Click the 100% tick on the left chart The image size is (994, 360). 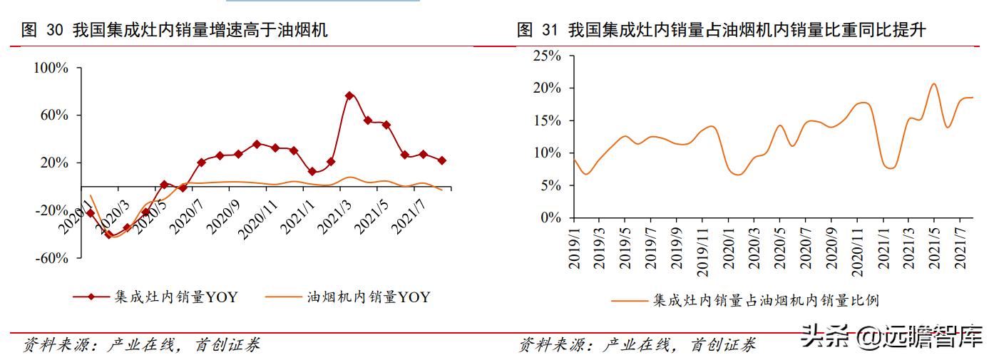(x=51, y=68)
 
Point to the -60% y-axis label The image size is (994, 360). (x=51, y=258)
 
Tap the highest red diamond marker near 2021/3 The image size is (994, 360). (x=349, y=96)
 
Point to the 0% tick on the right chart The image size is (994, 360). (x=550, y=218)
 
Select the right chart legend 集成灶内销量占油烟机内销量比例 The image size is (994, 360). (x=745, y=301)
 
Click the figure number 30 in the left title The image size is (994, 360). (x=55, y=30)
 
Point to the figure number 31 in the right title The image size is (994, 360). (x=549, y=30)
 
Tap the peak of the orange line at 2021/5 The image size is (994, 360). (x=934, y=84)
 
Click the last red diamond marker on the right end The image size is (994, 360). (x=442, y=160)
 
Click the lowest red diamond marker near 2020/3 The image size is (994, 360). (x=109, y=234)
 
